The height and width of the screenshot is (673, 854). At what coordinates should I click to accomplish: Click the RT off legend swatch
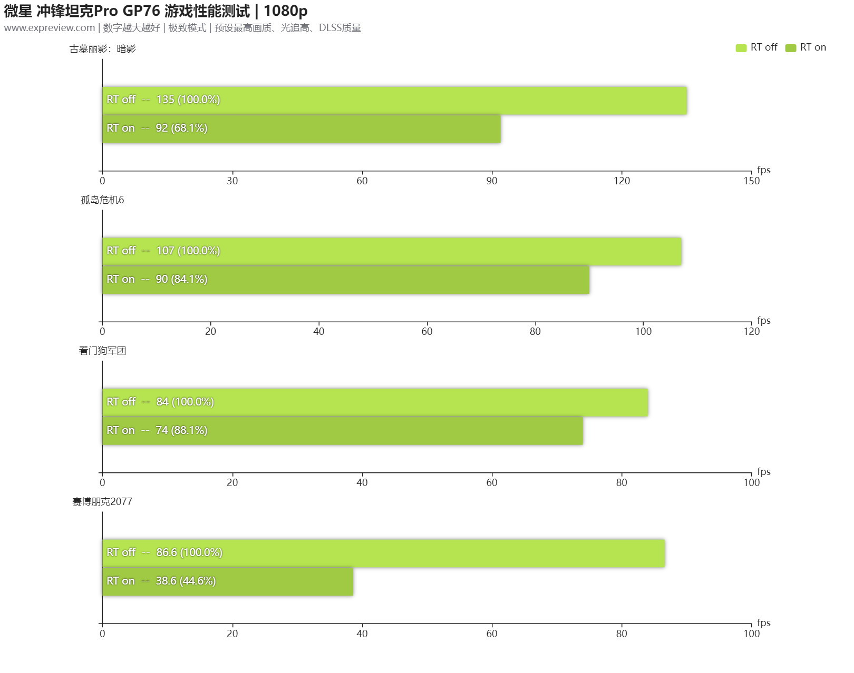(x=741, y=48)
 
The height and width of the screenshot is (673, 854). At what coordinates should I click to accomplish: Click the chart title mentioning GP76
(x=156, y=11)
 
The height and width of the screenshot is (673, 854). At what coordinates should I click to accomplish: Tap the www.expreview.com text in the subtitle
(x=50, y=28)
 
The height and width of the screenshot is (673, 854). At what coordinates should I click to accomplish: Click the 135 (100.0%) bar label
(x=188, y=100)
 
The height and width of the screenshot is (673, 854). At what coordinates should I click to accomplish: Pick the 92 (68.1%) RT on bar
(x=302, y=129)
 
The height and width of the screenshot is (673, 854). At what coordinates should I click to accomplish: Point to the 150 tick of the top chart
(x=751, y=181)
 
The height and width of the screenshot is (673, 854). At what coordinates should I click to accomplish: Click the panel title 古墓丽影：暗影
(x=103, y=49)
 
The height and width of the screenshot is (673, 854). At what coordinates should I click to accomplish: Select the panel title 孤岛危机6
(x=102, y=200)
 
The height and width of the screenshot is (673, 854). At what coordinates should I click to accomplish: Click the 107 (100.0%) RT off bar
(x=392, y=251)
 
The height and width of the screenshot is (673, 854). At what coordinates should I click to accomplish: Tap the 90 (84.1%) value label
(x=181, y=279)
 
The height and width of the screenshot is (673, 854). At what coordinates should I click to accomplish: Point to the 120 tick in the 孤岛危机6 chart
(x=751, y=331)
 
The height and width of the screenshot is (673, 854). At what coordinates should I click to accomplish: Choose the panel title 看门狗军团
(x=102, y=351)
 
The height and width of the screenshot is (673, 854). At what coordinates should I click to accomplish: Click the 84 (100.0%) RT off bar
(x=375, y=402)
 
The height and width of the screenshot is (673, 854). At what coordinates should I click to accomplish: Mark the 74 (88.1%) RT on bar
(x=343, y=431)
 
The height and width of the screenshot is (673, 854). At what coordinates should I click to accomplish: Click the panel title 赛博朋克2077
(x=102, y=502)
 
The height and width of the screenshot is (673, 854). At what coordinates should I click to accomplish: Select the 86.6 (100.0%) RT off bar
(x=383, y=553)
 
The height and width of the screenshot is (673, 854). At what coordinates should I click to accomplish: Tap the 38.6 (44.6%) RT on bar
(x=228, y=581)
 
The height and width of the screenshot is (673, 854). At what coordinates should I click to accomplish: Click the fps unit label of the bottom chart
(x=763, y=622)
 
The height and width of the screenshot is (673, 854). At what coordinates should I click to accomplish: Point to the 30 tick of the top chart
(x=232, y=181)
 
